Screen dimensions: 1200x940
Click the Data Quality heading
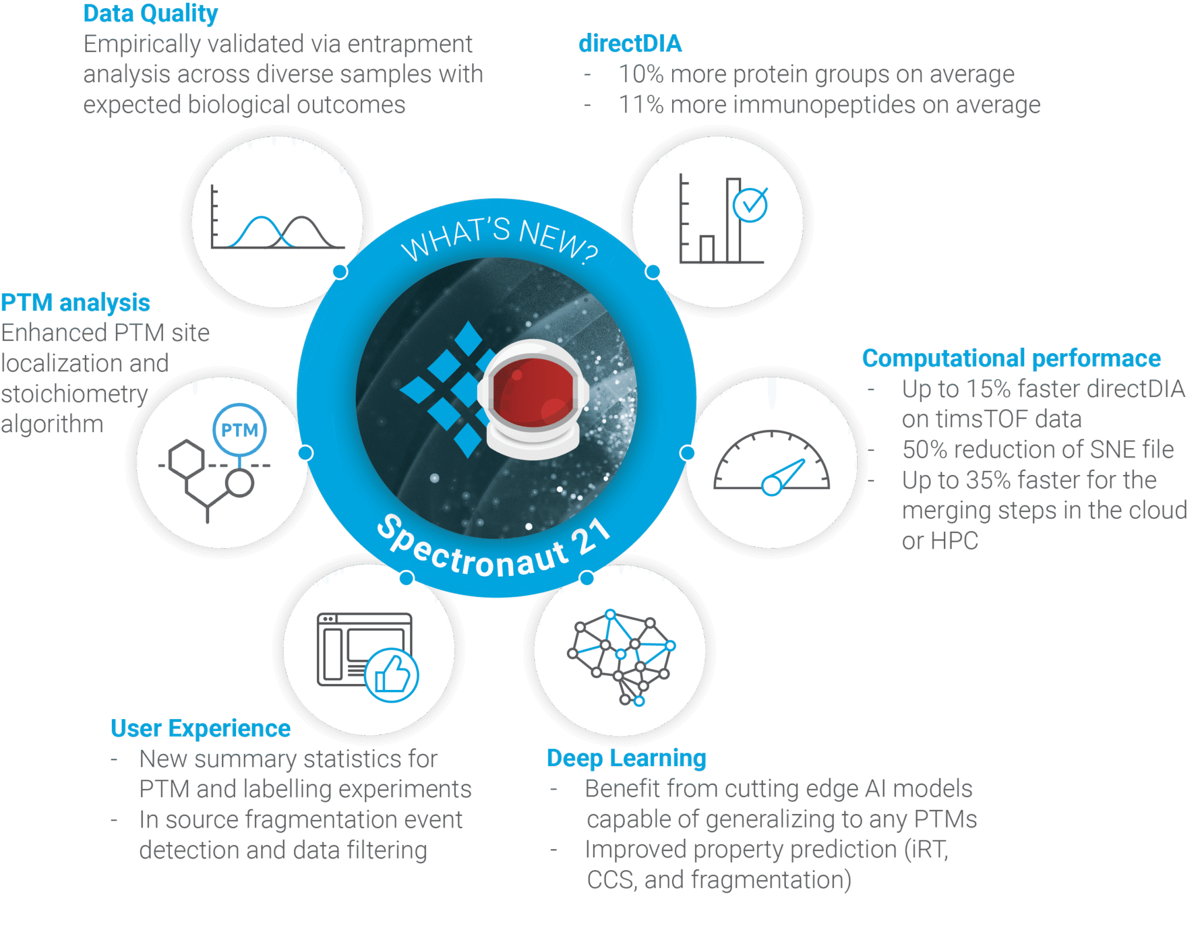point(151,13)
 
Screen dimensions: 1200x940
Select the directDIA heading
point(630,43)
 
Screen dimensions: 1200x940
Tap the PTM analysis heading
point(76,303)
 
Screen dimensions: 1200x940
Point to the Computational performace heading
point(1011,358)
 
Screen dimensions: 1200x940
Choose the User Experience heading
point(200,729)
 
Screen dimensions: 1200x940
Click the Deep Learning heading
point(626,758)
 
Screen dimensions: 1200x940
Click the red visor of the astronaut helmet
point(533,392)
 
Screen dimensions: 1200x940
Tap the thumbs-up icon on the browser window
point(391,675)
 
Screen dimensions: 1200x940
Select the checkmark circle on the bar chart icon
point(750,205)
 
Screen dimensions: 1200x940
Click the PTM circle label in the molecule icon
point(239,430)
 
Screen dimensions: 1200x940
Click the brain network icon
point(622,657)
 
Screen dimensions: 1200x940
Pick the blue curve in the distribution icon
point(261,232)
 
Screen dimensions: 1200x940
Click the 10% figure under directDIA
point(641,74)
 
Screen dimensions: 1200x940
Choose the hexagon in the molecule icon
point(186,459)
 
